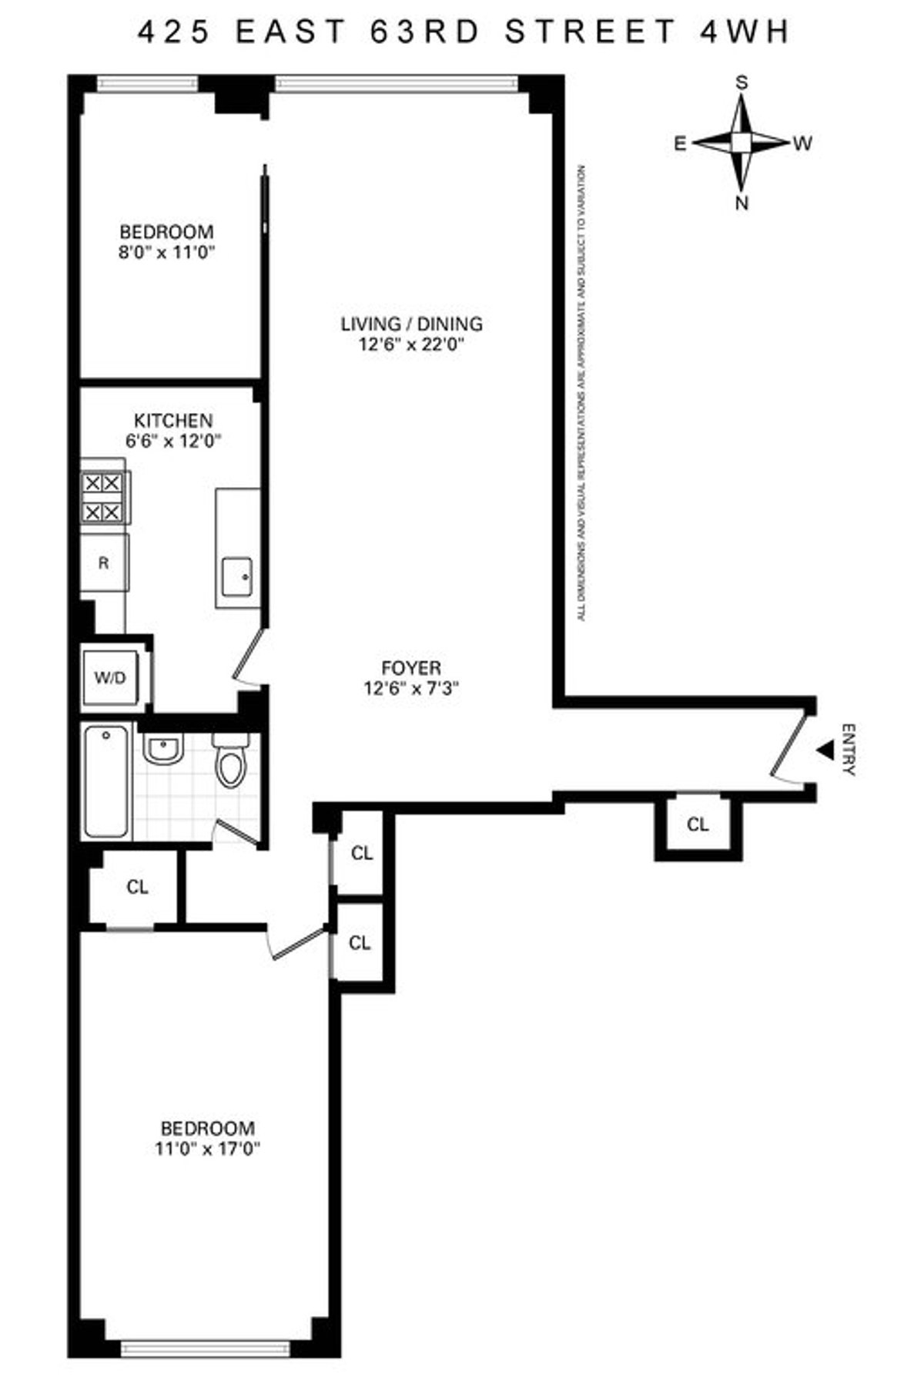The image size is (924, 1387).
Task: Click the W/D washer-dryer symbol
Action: [x=110, y=678]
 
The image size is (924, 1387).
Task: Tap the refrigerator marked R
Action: [x=104, y=563]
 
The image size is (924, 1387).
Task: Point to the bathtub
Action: [x=106, y=781]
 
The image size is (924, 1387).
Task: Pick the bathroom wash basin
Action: [x=162, y=748]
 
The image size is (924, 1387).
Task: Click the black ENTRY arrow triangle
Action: [x=825, y=750]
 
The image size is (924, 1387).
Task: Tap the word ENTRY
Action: [x=848, y=750]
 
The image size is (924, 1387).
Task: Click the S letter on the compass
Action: [x=742, y=83]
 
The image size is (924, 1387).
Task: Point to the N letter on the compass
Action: [x=742, y=204]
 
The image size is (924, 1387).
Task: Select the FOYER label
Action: [x=411, y=668]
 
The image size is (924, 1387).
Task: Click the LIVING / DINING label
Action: [x=411, y=324]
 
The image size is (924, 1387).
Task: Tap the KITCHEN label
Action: [x=173, y=421]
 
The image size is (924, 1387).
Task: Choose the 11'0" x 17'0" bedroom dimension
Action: [x=207, y=1150]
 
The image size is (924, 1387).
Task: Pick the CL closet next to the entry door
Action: [x=698, y=825]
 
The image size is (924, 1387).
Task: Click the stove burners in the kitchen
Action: [x=102, y=498]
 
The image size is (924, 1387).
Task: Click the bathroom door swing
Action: [x=238, y=834]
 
